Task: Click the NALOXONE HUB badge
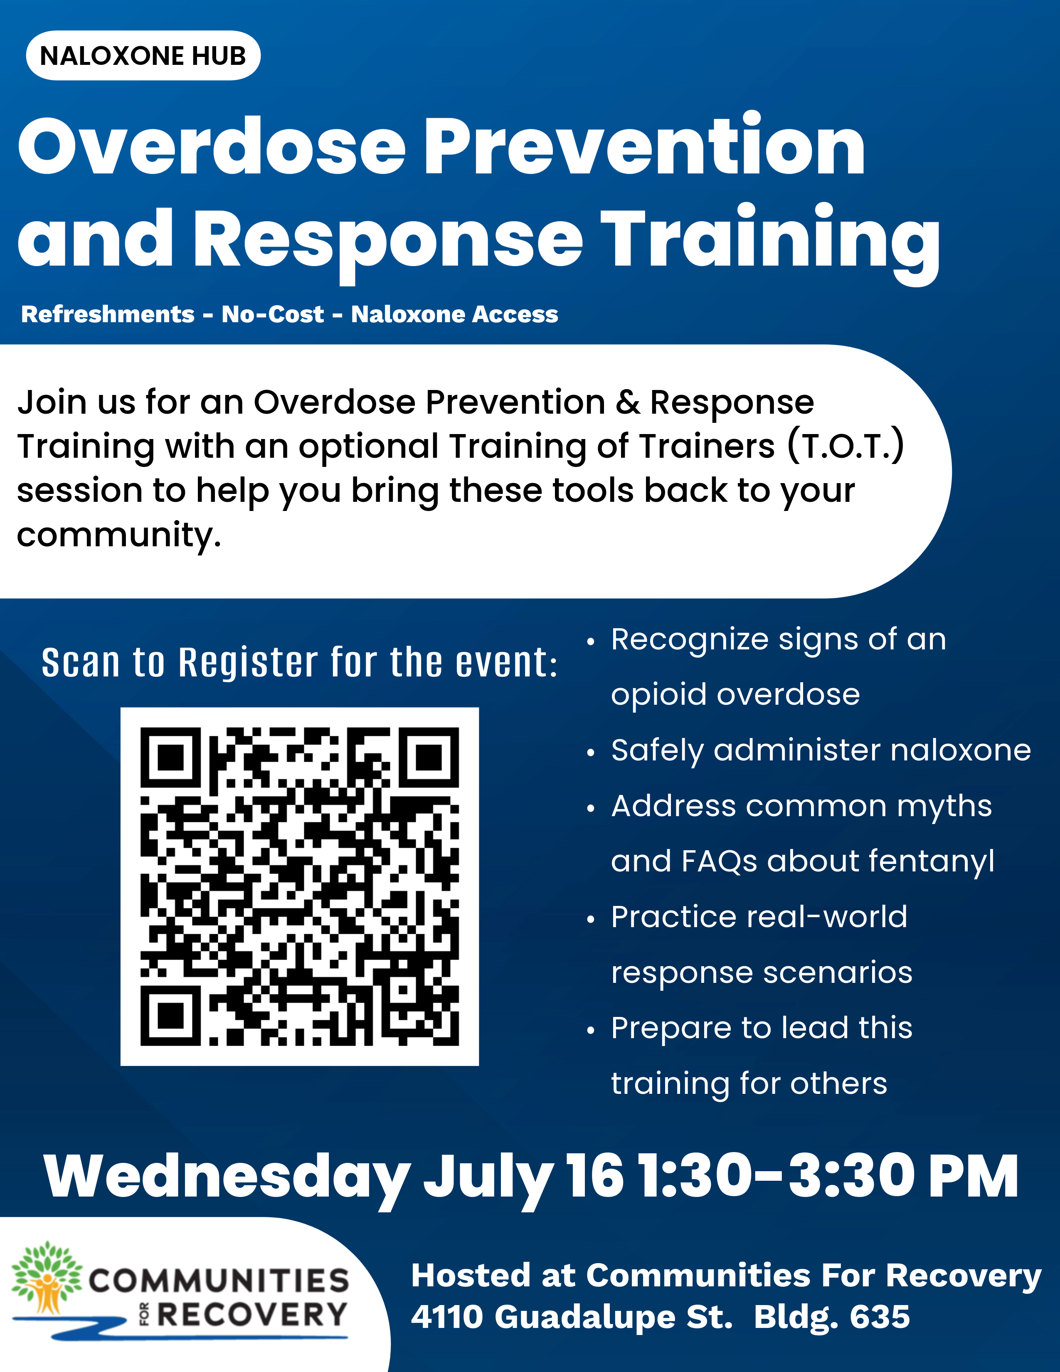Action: tap(143, 55)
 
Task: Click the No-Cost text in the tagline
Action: tap(273, 314)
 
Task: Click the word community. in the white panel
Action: tap(119, 536)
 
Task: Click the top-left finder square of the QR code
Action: tap(170, 758)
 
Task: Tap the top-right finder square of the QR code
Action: tap(429, 758)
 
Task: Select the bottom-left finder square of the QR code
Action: tap(170, 1016)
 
